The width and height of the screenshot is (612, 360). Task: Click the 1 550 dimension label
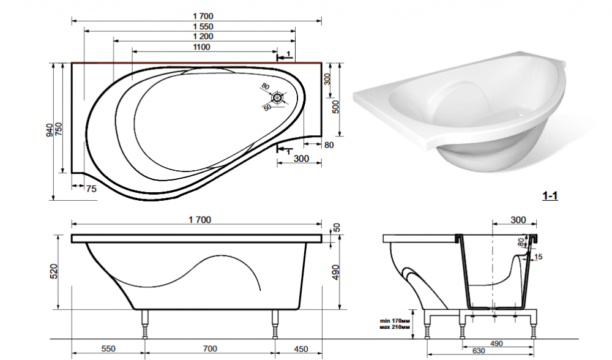203,26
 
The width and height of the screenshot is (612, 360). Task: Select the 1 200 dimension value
203,37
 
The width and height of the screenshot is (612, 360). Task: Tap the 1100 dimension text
201,47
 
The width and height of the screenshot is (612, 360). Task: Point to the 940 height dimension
50,130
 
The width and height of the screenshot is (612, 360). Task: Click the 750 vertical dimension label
59,129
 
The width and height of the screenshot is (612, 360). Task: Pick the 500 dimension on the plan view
335,107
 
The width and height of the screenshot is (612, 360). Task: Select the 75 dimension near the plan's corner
91,189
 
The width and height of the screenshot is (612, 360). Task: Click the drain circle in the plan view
277,97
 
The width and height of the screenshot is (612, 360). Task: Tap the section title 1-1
550,196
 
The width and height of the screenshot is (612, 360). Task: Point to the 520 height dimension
54,271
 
